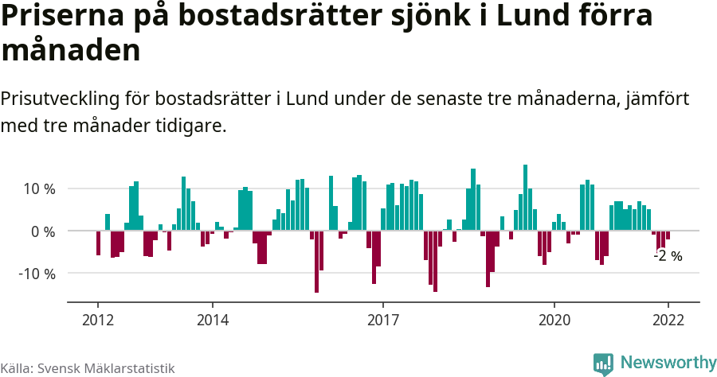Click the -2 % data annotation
(668, 256)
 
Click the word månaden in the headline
(71, 51)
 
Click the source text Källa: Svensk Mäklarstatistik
(88, 368)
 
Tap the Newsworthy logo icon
(603, 363)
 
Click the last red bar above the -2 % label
(668, 235)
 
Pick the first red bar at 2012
(98, 243)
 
